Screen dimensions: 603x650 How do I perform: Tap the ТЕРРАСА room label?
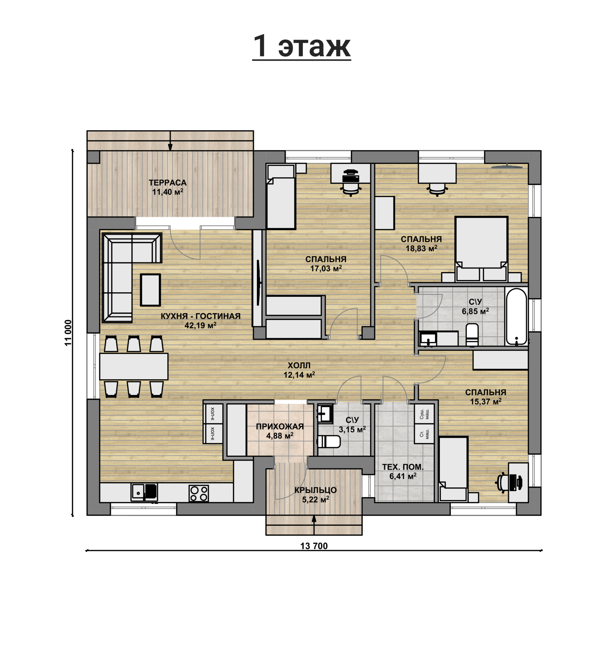[167, 183]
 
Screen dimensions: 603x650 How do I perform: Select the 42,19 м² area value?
[200, 325]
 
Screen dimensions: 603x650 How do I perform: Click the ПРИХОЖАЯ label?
[280, 427]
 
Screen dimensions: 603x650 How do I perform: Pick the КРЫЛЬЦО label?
[315, 490]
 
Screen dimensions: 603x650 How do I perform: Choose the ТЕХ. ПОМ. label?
[403, 467]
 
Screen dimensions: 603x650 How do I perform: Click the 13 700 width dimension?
[314, 546]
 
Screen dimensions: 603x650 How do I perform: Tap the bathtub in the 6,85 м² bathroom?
[516, 317]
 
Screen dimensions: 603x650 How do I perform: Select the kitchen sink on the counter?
[144, 493]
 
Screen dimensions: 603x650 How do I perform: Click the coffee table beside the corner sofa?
[150, 290]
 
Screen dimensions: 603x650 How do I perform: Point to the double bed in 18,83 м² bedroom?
[481, 249]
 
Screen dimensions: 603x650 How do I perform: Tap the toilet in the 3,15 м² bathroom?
[329, 442]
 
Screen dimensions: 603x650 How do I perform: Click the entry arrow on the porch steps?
[314, 525]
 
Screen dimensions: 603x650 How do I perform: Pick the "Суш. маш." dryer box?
[424, 414]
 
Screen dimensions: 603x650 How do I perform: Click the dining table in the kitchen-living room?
[134, 366]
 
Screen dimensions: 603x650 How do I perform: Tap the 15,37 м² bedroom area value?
[486, 402]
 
